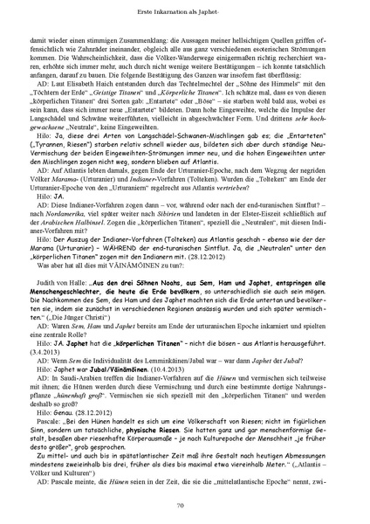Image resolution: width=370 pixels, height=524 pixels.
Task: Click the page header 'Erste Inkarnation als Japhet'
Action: pyautogui.click(x=185, y=10)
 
